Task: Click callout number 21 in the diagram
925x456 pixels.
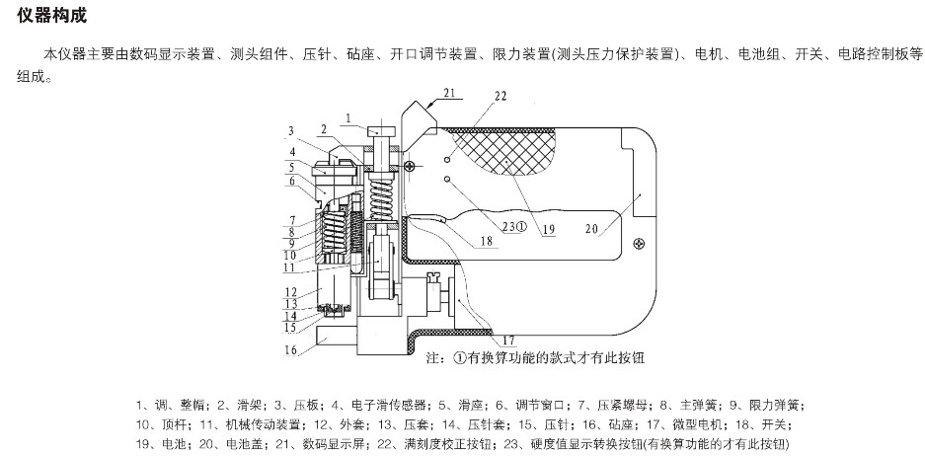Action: point(450,94)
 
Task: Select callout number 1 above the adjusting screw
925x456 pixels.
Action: point(348,118)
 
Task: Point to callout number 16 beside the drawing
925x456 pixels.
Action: point(291,349)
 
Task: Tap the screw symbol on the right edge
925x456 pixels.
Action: point(641,243)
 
